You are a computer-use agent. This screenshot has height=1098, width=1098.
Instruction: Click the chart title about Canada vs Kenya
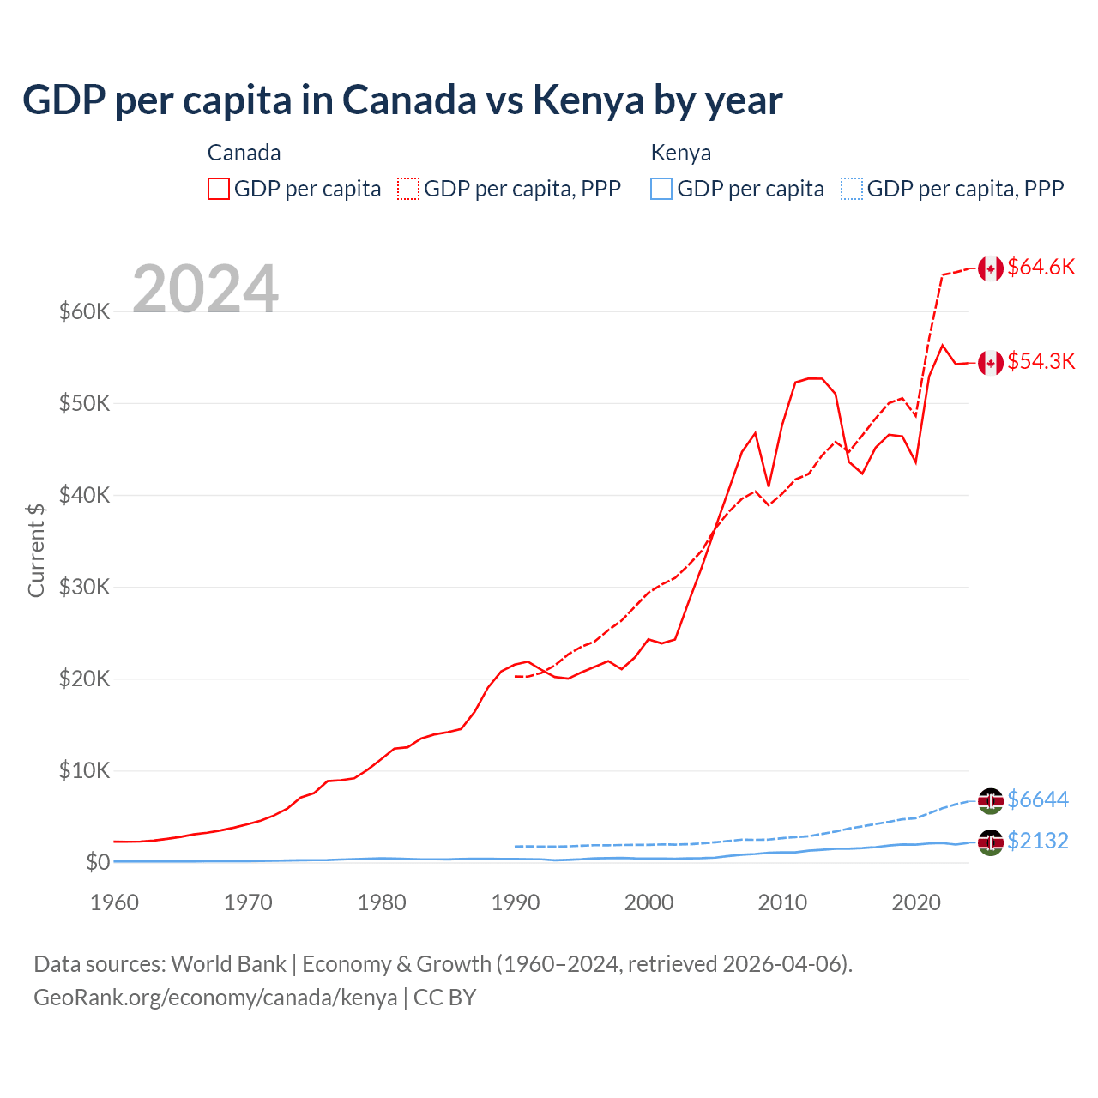(x=401, y=100)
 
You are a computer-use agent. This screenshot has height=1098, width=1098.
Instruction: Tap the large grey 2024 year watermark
(x=205, y=289)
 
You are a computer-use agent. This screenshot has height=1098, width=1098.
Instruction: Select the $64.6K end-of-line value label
(x=1041, y=267)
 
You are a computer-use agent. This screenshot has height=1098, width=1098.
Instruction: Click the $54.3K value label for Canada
(x=1041, y=361)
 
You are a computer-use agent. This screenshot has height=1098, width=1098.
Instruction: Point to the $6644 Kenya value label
(x=1037, y=799)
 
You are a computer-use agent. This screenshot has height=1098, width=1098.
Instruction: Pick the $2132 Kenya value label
(x=1037, y=841)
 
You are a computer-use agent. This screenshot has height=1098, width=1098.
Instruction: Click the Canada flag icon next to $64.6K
(x=991, y=268)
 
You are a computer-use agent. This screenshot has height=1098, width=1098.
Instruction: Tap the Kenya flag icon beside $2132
(x=991, y=842)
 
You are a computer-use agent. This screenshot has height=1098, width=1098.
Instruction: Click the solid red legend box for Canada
(x=219, y=189)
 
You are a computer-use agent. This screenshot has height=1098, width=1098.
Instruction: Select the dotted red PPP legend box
(x=408, y=189)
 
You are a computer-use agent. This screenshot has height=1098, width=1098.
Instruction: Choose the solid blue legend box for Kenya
(x=661, y=189)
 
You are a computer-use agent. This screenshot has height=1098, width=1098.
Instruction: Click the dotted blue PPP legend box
(x=852, y=189)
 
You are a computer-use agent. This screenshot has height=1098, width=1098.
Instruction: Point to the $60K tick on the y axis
(x=84, y=311)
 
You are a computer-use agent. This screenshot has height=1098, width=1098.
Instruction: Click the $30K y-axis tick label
(x=84, y=587)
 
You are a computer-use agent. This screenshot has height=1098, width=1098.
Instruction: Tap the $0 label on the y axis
(x=97, y=862)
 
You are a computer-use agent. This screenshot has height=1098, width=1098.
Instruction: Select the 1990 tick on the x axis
(x=516, y=902)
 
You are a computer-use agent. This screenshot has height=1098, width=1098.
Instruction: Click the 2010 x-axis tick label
(x=782, y=902)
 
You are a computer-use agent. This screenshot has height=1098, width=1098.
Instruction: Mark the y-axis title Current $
(x=36, y=550)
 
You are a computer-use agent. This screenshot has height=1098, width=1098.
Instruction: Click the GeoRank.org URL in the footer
(x=215, y=998)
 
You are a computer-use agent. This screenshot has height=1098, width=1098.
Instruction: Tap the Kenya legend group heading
(x=681, y=153)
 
